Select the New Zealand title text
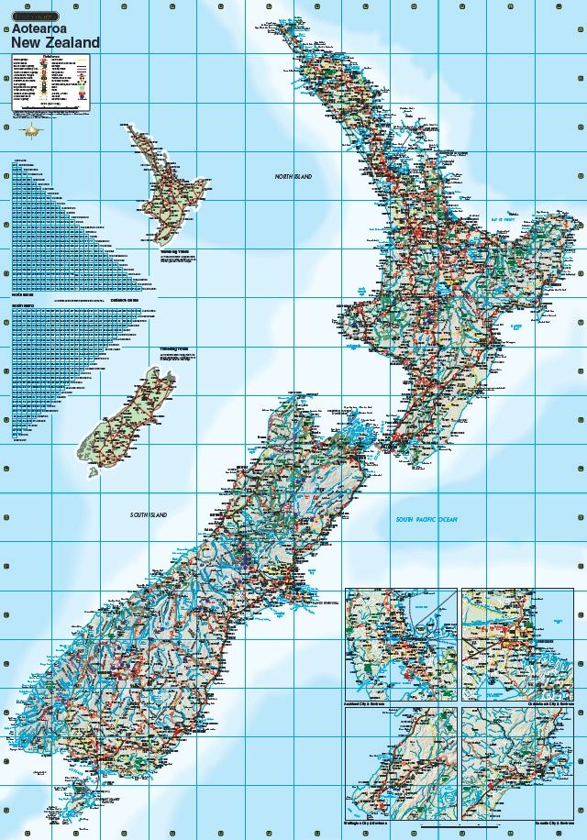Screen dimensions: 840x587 [x=55, y=42]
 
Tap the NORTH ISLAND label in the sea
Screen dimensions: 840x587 [x=293, y=175]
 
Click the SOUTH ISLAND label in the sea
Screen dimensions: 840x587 [x=149, y=516]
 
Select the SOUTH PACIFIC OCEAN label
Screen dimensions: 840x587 [x=426, y=520]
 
